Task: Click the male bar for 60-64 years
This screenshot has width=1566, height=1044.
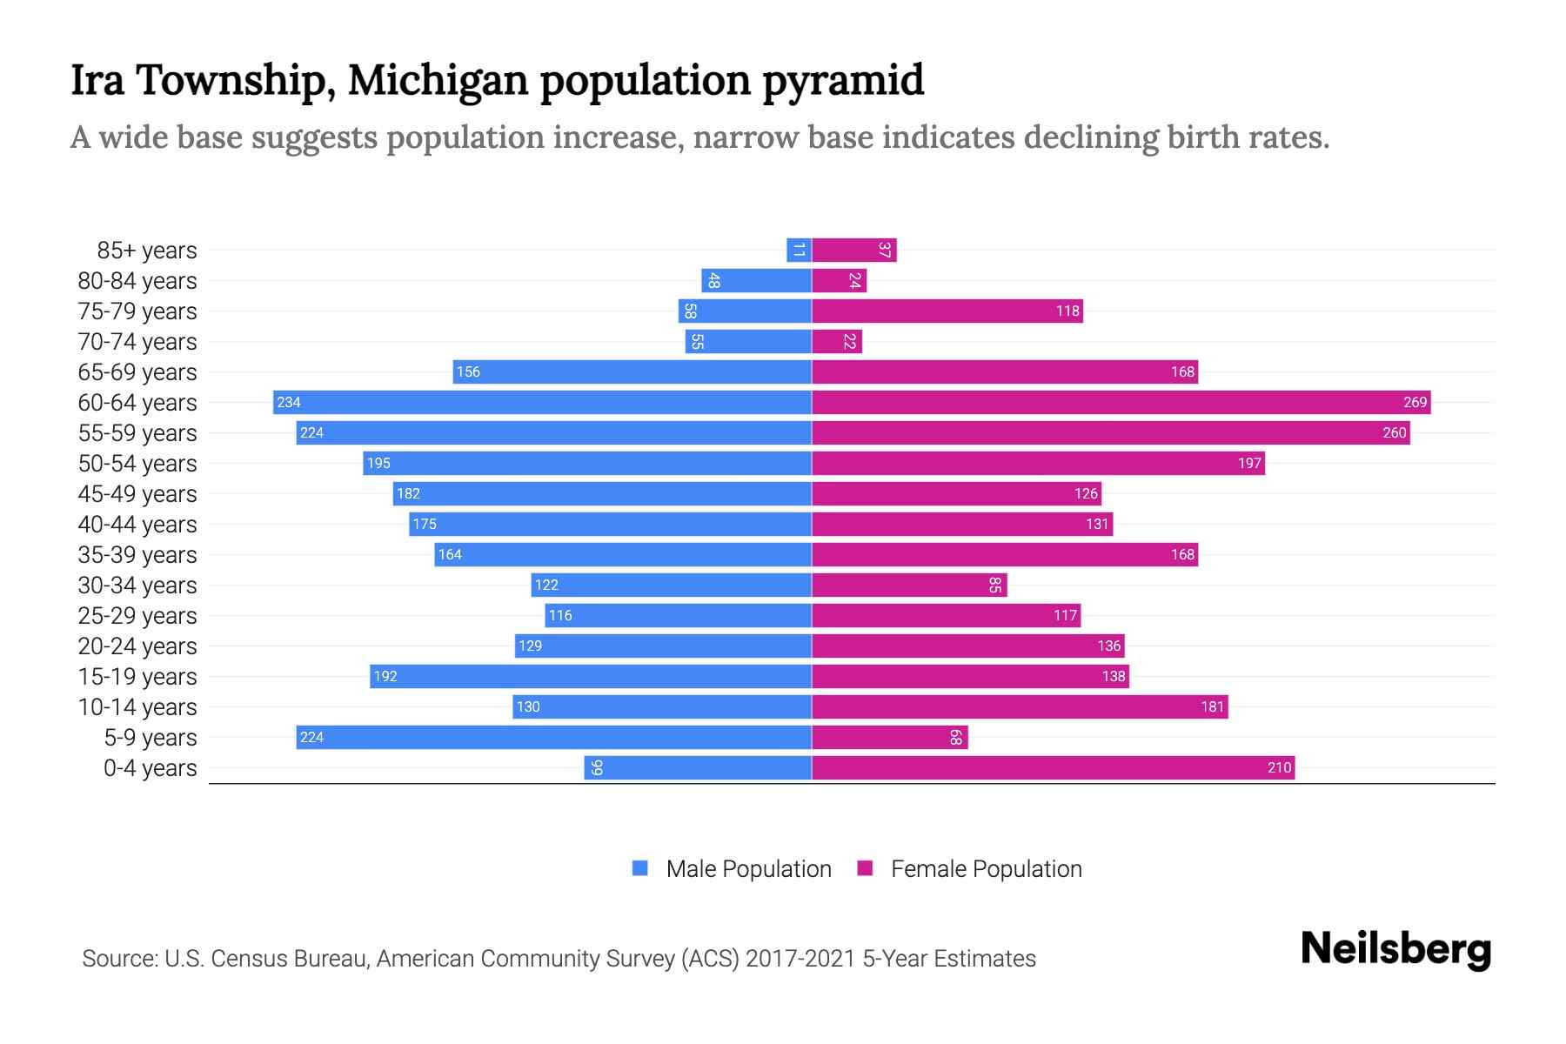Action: (542, 402)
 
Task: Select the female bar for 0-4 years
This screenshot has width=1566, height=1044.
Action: (1053, 767)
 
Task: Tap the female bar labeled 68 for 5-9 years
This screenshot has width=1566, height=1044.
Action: (889, 737)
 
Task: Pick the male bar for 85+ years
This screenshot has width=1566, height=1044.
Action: (799, 250)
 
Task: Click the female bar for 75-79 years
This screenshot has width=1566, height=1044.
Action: (947, 311)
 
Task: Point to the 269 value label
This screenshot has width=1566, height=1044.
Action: (1415, 402)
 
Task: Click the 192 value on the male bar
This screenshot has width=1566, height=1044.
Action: (385, 676)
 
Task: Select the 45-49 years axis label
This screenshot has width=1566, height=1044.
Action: (137, 493)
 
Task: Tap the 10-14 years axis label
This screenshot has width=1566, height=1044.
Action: (137, 706)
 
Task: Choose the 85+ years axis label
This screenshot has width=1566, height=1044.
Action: (147, 250)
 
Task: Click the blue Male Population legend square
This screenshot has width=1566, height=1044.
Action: (640, 868)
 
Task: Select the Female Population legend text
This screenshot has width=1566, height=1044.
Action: (986, 868)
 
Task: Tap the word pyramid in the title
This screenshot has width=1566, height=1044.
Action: (843, 80)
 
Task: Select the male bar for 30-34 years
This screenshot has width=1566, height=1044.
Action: (671, 585)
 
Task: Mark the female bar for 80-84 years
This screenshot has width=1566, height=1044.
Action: (839, 280)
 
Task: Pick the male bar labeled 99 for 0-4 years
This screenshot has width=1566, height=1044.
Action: (698, 767)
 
